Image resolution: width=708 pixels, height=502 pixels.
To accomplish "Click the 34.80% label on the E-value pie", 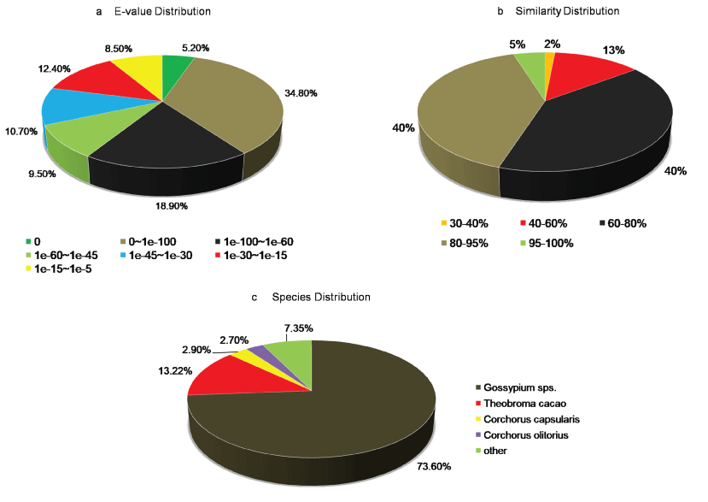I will click(x=304, y=92).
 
